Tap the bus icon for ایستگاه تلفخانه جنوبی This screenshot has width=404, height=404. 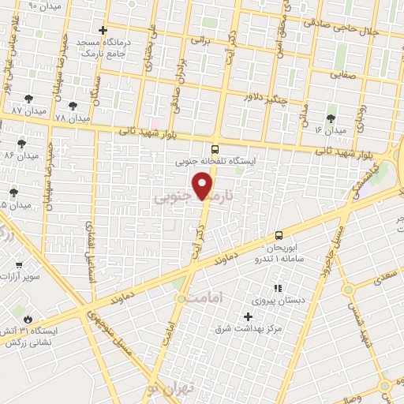pos(215,148)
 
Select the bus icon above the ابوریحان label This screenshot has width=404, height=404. pos(279,235)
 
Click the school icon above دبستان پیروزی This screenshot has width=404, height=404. pos(277,289)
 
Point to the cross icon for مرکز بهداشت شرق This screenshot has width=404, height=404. pos(249,316)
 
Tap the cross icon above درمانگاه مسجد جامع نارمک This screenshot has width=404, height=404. pos(103,30)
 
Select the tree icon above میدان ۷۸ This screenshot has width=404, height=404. pos(73,105)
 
